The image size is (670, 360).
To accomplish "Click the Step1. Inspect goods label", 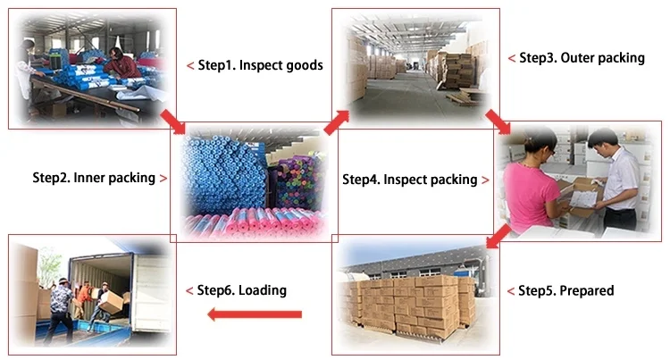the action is (x=260, y=65).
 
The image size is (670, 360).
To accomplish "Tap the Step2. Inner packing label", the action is (x=94, y=178).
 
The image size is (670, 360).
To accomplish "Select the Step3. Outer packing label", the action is (x=582, y=58).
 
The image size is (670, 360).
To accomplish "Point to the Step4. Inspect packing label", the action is (x=409, y=180).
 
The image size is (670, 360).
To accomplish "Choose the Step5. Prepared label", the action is (x=565, y=291).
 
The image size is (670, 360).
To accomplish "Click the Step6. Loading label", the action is (x=241, y=290).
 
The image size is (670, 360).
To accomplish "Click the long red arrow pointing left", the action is (x=255, y=314).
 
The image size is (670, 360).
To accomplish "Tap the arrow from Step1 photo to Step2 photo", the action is (x=173, y=122).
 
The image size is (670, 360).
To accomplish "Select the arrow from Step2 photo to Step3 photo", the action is (x=336, y=122).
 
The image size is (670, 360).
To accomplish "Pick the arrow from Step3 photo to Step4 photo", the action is (x=498, y=121).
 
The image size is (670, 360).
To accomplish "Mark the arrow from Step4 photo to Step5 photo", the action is (x=498, y=236).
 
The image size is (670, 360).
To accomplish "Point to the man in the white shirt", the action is (x=616, y=180).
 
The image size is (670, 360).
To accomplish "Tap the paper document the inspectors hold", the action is (x=583, y=198).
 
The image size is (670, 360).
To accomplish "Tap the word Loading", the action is (x=263, y=290).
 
